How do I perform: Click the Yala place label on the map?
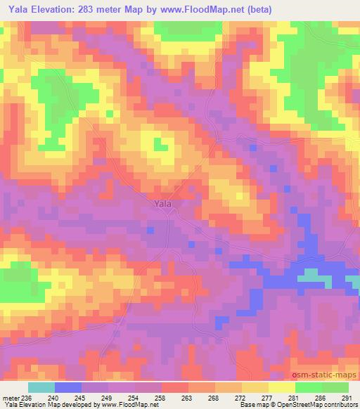[x=162, y=204]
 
